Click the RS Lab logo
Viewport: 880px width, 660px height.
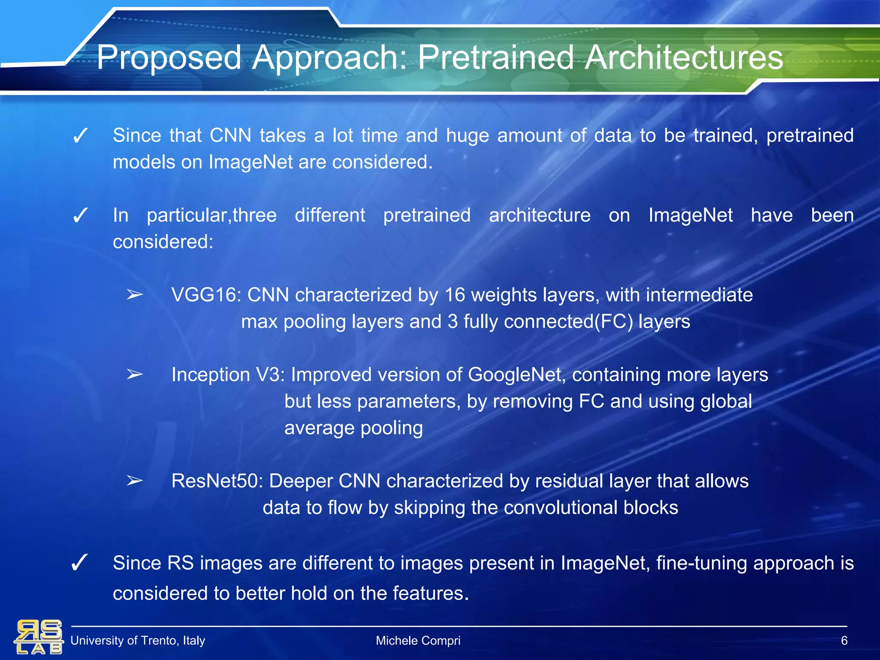point(39,637)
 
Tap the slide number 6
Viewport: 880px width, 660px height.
point(844,641)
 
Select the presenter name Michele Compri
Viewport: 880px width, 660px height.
point(418,641)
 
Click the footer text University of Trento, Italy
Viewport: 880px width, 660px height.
point(137,641)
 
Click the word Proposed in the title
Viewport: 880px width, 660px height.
point(169,58)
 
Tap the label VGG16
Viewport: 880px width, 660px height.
point(205,295)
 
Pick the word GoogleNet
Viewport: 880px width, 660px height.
point(514,375)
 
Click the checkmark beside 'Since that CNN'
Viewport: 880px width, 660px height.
point(80,137)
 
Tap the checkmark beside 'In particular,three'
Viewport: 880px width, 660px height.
point(80,216)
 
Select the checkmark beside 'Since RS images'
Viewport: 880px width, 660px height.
point(79,563)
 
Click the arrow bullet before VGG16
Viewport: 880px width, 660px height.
point(134,295)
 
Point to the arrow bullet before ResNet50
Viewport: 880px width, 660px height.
point(134,481)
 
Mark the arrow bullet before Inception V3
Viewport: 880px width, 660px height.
point(134,375)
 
